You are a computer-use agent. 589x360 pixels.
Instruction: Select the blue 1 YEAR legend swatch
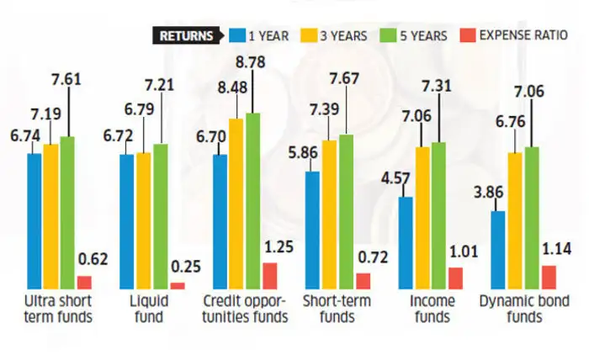pos(236,35)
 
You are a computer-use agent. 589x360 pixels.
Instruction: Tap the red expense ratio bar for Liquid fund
pos(178,286)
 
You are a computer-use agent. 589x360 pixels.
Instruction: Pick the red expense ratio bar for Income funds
pos(455,278)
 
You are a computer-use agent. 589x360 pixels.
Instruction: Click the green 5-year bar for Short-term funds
pos(346,211)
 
